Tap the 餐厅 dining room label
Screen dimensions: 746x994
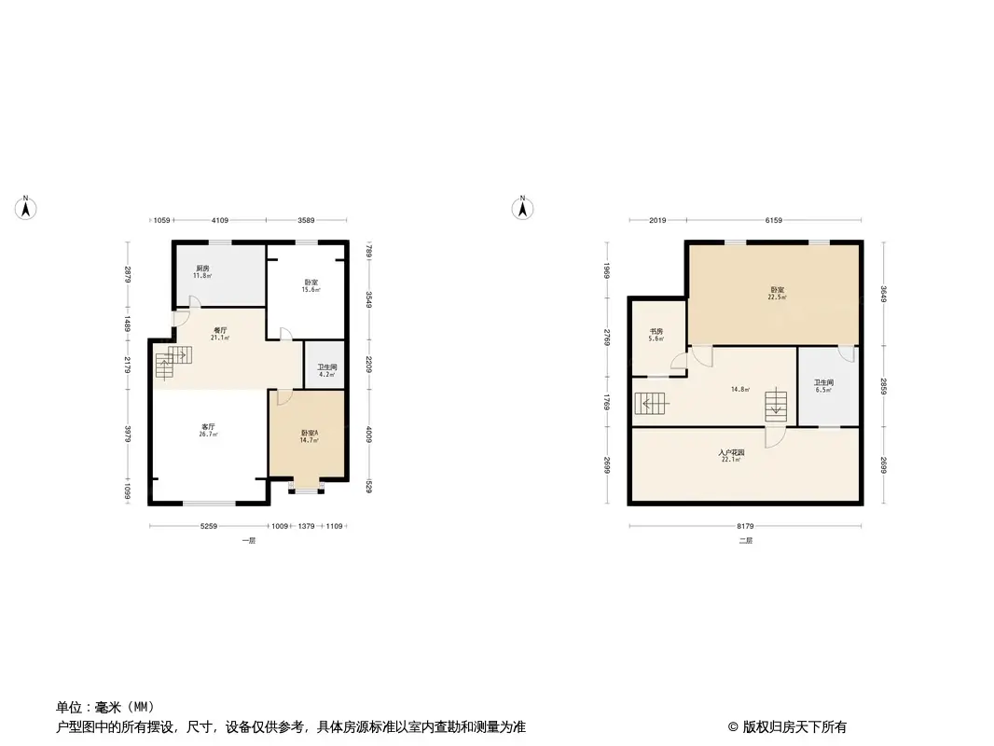pos(220,329)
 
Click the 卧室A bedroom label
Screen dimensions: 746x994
pos(309,433)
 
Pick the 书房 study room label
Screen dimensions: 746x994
pos(656,331)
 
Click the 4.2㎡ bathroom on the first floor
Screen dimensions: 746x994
pos(326,371)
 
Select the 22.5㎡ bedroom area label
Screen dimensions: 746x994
pos(777,297)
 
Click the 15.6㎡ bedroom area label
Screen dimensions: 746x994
pos(311,290)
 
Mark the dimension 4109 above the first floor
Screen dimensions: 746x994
pos(220,220)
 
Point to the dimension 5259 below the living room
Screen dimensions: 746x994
pos(208,527)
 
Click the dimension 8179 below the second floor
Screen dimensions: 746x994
pos(744,527)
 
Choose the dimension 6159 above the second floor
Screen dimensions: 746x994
pos(773,220)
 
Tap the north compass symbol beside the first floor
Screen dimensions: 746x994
pos(27,208)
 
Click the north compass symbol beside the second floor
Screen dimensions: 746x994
pos(524,208)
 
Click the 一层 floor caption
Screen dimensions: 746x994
pos(247,541)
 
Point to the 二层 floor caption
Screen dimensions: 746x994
pos(745,541)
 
